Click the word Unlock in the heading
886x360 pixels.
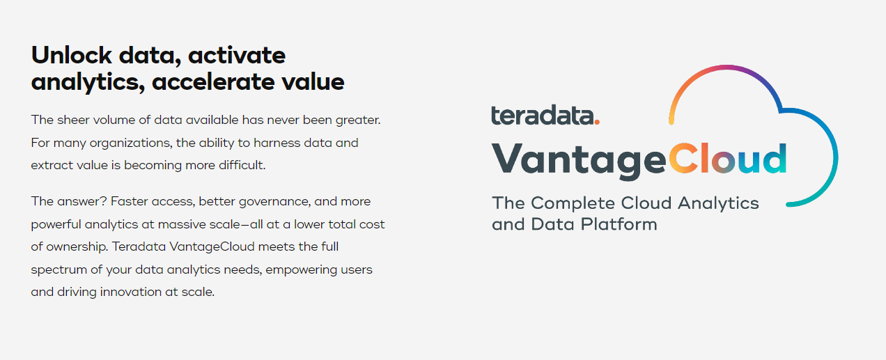(x=72, y=55)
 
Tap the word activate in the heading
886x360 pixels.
(x=237, y=56)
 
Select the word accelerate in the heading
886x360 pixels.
(x=213, y=82)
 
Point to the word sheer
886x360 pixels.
(x=73, y=120)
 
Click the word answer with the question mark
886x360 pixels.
(x=82, y=201)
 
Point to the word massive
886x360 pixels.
(x=180, y=224)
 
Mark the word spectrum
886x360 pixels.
(x=59, y=269)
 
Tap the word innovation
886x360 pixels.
(x=130, y=292)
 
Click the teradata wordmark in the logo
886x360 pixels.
(x=543, y=115)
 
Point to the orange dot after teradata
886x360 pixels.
(x=597, y=122)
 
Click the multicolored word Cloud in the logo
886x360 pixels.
(x=727, y=159)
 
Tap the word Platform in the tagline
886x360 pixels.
(x=619, y=224)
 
